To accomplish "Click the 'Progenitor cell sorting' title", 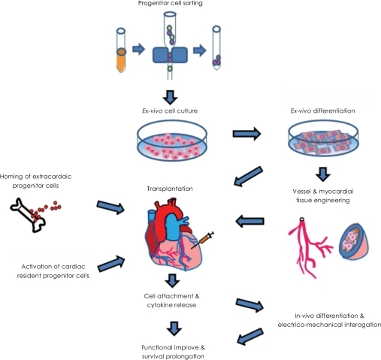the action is (x=171, y=3).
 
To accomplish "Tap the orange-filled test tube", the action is (x=121, y=50).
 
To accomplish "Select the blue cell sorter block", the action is (x=170, y=55).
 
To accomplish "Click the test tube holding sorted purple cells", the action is (x=216, y=47).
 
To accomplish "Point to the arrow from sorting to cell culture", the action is (x=171, y=97).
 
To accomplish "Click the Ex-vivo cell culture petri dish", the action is (x=172, y=141).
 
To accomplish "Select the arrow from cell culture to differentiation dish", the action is (x=246, y=134).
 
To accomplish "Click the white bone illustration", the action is (x=28, y=215).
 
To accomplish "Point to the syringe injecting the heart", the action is (x=203, y=240).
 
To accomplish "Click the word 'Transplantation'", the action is (x=170, y=189).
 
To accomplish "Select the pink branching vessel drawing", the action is (x=310, y=247).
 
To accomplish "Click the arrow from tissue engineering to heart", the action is (x=250, y=221).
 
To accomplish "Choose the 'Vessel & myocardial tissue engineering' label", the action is (x=323, y=196).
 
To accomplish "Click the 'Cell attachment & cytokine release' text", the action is (x=171, y=301).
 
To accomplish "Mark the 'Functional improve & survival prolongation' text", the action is (x=173, y=352).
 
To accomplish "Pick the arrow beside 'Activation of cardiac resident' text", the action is (x=111, y=264).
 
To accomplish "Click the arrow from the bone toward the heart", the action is (x=110, y=207).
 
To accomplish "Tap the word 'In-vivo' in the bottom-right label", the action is (x=304, y=316).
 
